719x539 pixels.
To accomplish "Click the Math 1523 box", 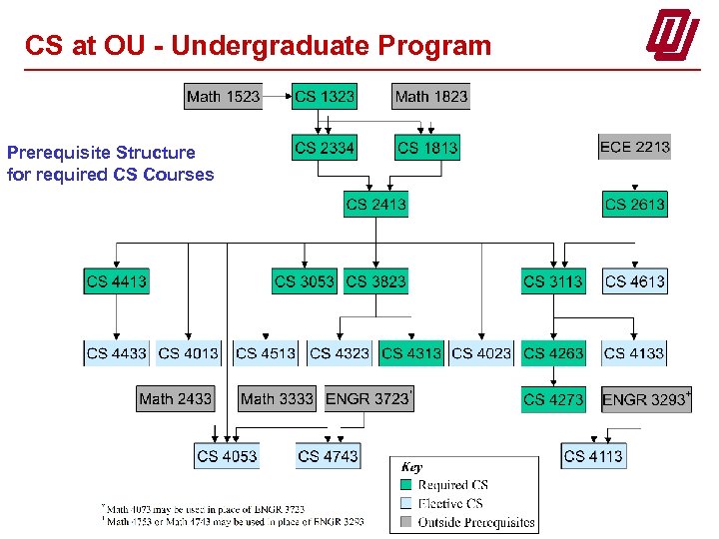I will pyautogui.click(x=223, y=97).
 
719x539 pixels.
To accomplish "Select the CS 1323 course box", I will pyautogui.click(x=325, y=97).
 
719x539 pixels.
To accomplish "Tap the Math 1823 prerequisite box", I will pyautogui.click(x=430, y=97).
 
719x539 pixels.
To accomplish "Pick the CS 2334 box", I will pyautogui.click(x=325, y=148).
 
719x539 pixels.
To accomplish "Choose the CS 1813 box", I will pyautogui.click(x=427, y=148).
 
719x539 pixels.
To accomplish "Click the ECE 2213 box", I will pyautogui.click(x=634, y=147).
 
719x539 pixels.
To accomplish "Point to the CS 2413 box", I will pyautogui.click(x=375, y=205).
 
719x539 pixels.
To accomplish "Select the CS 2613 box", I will pyautogui.click(x=634, y=205).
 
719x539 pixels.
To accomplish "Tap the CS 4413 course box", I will pyautogui.click(x=116, y=281).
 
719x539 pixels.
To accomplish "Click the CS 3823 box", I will pyautogui.click(x=375, y=281).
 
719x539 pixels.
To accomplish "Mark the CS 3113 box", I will pyautogui.click(x=552, y=281).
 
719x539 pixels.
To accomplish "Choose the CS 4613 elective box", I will pyautogui.click(x=634, y=281).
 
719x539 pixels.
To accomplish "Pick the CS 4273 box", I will pyautogui.click(x=552, y=399).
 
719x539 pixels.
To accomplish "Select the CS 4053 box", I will pyautogui.click(x=227, y=456).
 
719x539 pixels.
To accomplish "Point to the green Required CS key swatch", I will pyautogui.click(x=407, y=485).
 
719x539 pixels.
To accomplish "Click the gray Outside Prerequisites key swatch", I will pyautogui.click(x=407, y=522).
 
